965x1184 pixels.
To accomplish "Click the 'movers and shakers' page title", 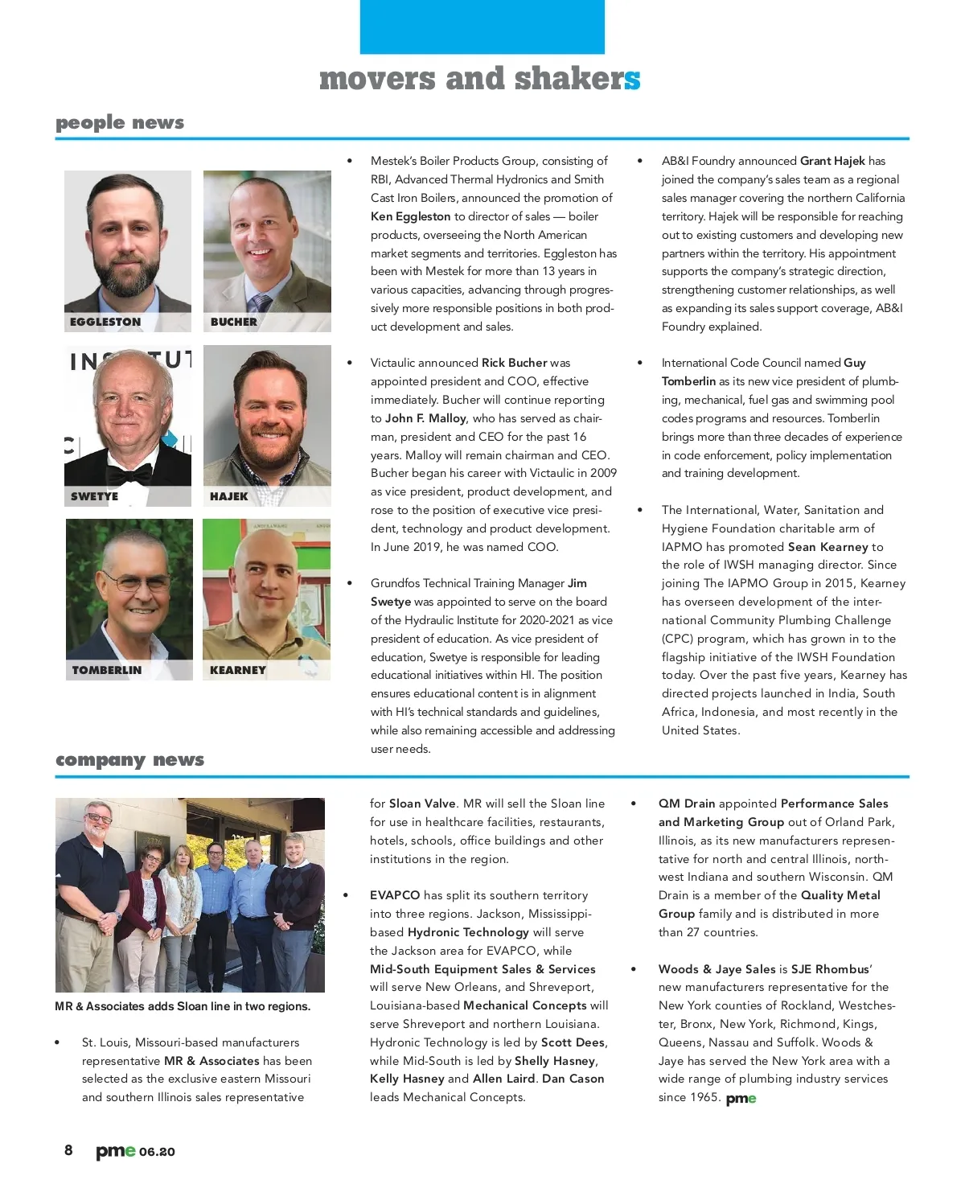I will [x=479, y=79].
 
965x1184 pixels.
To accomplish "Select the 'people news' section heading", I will [x=120, y=122].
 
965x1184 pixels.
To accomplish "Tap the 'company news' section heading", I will [x=129, y=759].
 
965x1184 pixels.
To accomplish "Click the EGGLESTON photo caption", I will [x=105, y=322].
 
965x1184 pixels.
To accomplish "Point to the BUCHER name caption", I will [x=234, y=322].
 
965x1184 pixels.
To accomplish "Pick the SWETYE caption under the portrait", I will [x=94, y=496].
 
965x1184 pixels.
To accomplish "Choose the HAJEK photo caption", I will [x=229, y=496].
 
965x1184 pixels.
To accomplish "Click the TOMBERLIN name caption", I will [x=106, y=670].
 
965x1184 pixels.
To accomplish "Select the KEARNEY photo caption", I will [x=237, y=670].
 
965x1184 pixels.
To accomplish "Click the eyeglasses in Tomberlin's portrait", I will [x=135, y=581].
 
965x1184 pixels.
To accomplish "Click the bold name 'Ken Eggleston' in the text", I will [x=411, y=216].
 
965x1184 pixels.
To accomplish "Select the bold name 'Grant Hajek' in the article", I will [x=832, y=161].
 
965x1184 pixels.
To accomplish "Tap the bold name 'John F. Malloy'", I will [x=425, y=418].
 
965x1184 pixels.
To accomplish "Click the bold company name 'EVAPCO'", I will [x=395, y=895].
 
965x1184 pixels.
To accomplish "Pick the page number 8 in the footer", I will [x=68, y=1150].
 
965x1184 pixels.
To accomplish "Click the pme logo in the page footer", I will [x=116, y=1151].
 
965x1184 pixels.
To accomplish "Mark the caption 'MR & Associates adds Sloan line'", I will [x=183, y=1006].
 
